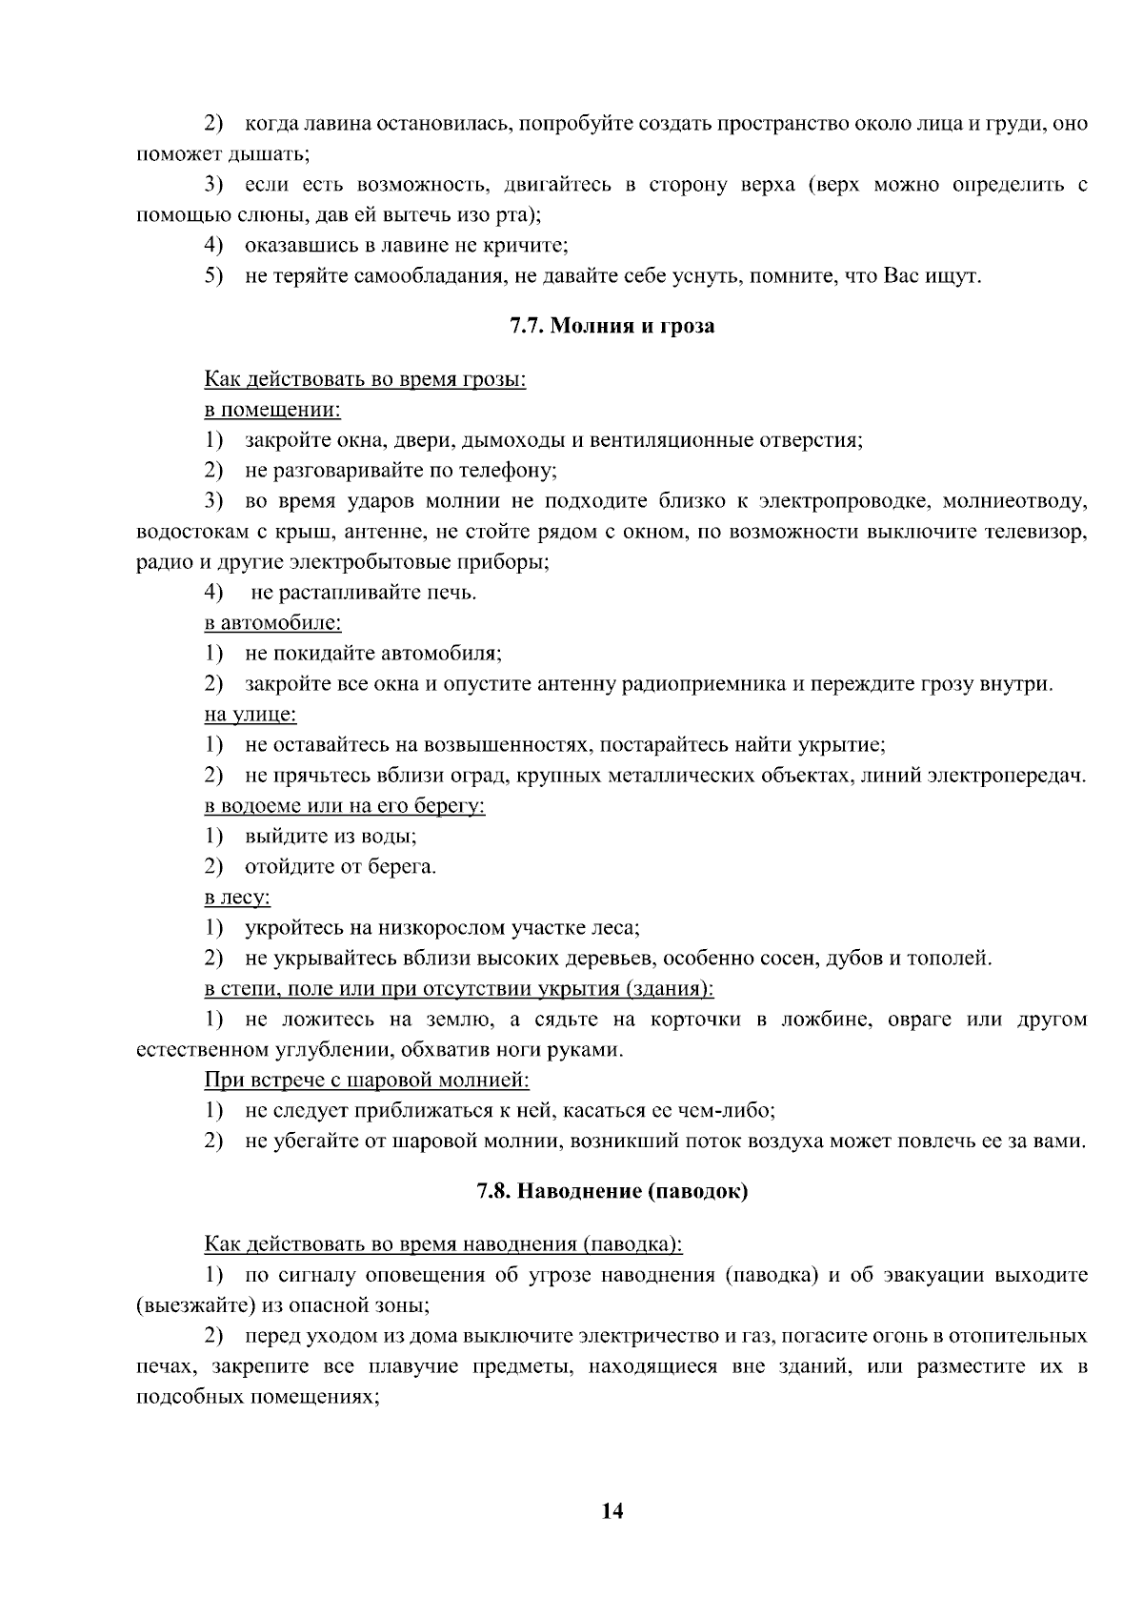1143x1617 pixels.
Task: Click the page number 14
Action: tap(612, 1511)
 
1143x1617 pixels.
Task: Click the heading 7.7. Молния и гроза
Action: tap(612, 327)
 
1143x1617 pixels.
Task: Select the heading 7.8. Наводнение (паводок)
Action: tap(612, 1192)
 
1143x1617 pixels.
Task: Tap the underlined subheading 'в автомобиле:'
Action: tap(272, 623)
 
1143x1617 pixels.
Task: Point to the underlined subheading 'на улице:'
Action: tap(250, 715)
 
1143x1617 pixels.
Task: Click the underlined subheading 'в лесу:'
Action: tap(237, 898)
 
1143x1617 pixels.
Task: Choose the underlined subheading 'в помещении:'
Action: tap(272, 411)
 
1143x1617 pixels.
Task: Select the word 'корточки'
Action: tap(696, 1021)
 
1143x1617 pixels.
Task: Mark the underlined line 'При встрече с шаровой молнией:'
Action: tap(367, 1081)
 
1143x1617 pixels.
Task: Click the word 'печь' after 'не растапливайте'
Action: tap(453, 593)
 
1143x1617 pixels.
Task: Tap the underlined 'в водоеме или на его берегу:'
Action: tap(345, 806)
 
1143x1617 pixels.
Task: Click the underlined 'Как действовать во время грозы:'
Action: tap(365, 380)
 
